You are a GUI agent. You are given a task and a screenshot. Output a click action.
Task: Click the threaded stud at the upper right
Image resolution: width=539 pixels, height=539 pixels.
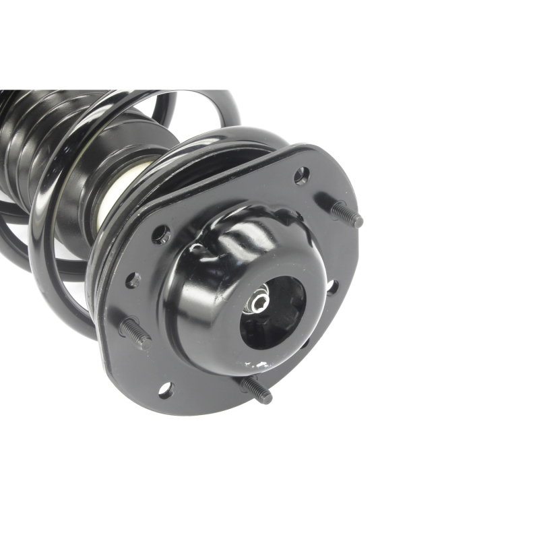(346, 214)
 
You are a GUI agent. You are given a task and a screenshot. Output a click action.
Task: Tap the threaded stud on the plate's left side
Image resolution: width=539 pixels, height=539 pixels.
(135, 333)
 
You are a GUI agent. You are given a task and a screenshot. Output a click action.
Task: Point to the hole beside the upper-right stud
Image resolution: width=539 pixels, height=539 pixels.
(301, 176)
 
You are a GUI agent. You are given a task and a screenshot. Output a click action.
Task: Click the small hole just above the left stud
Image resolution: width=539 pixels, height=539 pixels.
(133, 280)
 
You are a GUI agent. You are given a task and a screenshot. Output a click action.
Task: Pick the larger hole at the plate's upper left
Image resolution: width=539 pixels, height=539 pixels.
(160, 234)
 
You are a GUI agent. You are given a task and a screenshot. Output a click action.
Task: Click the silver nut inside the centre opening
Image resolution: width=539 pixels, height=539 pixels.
(258, 298)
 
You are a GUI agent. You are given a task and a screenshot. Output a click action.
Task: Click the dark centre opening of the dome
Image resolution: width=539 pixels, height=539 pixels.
(273, 313)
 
